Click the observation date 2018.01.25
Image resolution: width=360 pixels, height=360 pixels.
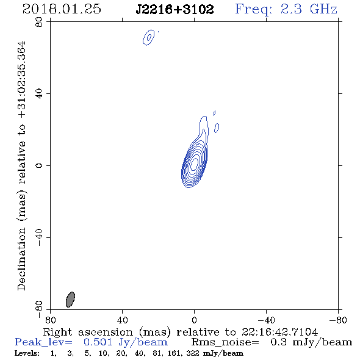click(x=62, y=9)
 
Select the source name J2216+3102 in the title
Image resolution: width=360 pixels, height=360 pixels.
click(x=175, y=10)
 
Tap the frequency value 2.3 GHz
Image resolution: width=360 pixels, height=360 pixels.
click(x=309, y=9)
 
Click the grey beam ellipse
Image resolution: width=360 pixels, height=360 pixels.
click(x=70, y=300)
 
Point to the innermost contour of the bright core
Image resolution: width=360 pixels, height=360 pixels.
click(x=194, y=163)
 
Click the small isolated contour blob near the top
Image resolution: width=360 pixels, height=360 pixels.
click(x=148, y=37)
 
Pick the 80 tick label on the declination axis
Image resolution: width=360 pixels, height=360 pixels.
click(x=39, y=22)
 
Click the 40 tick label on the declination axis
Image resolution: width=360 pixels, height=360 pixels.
click(x=39, y=94)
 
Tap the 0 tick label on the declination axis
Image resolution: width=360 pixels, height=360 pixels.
click(x=39, y=165)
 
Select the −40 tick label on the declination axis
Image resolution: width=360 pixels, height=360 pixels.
click(x=39, y=237)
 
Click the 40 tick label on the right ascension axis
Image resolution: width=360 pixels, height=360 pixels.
click(x=123, y=320)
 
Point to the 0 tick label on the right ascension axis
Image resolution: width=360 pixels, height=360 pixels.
click(x=194, y=320)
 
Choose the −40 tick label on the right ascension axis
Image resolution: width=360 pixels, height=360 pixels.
click(x=267, y=320)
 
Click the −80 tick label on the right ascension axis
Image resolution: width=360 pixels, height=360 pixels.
click(x=338, y=320)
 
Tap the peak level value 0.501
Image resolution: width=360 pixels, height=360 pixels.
click(x=98, y=342)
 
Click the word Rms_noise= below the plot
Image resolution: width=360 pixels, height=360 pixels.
click(x=225, y=342)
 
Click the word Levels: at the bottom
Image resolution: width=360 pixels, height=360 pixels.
click(x=27, y=353)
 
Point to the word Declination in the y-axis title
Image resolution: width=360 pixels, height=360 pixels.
click(x=21, y=259)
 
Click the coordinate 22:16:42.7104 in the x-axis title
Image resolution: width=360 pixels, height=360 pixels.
click(x=279, y=332)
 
